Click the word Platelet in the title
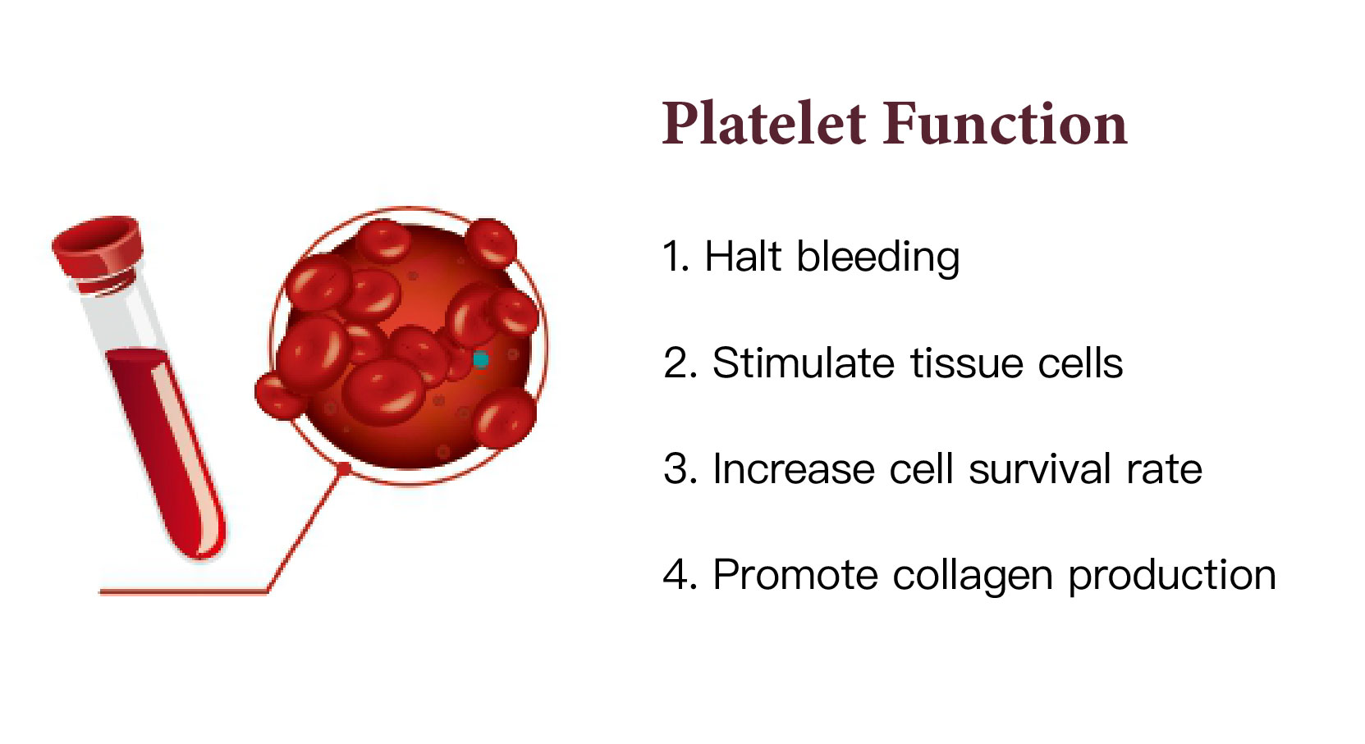[764, 124]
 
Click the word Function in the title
[1005, 124]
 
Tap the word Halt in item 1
[743, 256]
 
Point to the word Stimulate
[803, 363]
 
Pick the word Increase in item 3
[794, 469]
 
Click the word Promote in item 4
[795, 575]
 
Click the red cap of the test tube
[98, 247]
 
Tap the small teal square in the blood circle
[481, 360]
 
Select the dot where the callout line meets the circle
[344, 468]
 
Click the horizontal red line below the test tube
[183, 591]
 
